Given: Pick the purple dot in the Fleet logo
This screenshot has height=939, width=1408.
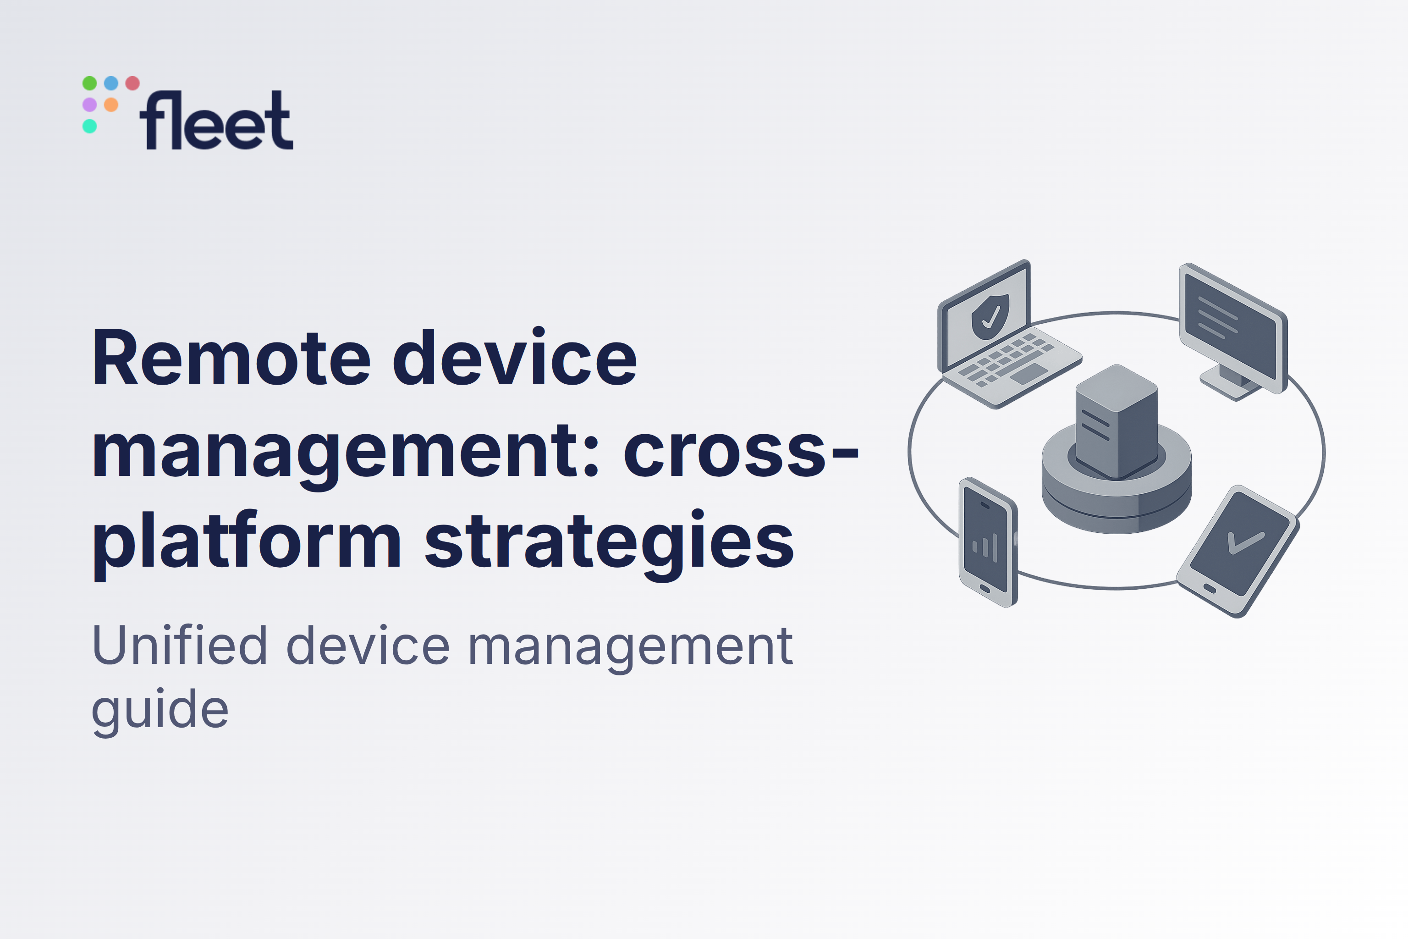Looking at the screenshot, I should coord(90,105).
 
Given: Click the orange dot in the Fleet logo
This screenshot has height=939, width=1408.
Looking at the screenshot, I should coord(111,105).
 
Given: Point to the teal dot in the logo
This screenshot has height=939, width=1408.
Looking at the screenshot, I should coord(90,127).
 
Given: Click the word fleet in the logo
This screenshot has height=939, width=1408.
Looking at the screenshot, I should coord(216,121).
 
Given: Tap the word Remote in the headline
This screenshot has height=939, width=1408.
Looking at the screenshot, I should coord(231,358).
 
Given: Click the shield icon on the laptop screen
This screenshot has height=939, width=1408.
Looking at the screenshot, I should coord(990,316).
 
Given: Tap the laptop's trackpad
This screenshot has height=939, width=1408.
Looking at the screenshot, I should coord(1029,374).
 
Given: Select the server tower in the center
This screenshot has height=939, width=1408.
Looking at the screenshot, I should coord(1116,422).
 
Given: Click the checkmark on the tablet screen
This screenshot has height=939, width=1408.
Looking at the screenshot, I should coord(1246,542).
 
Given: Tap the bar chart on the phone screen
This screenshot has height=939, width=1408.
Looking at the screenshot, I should coord(985,546).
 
